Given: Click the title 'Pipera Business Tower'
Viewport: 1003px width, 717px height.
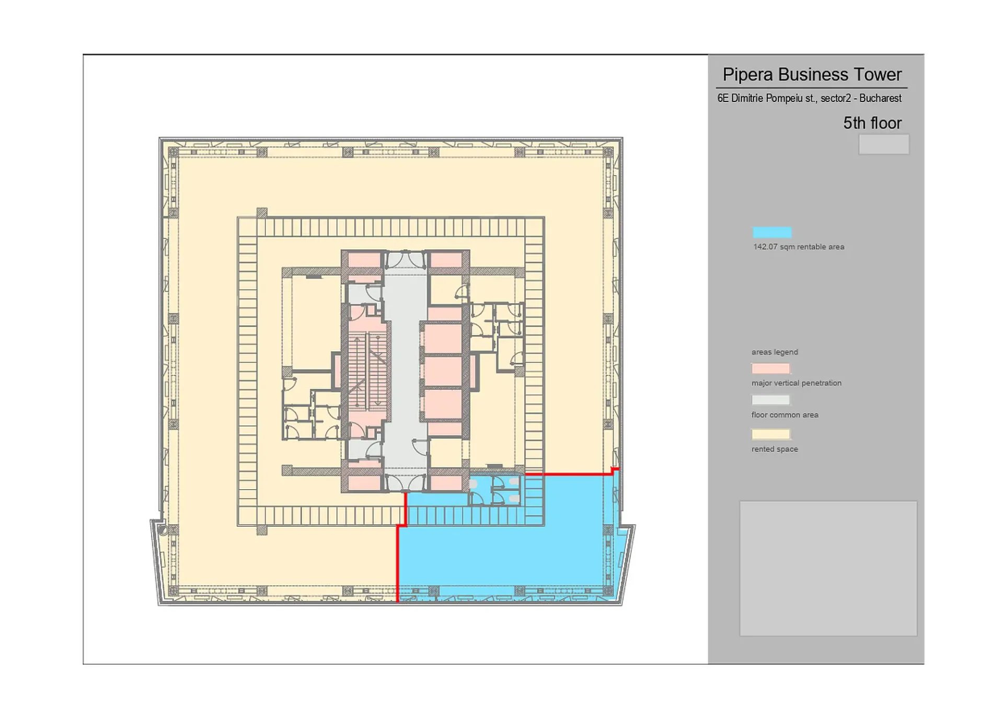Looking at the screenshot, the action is point(812,75).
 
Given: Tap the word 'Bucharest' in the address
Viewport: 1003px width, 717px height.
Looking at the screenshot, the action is point(880,98).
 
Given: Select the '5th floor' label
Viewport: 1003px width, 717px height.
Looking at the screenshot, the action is point(872,123).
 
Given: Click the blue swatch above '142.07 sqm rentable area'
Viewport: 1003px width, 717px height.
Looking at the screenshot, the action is point(772,233).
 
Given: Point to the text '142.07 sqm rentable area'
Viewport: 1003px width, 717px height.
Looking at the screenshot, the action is point(799,247).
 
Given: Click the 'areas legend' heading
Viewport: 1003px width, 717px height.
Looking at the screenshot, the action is point(775,352).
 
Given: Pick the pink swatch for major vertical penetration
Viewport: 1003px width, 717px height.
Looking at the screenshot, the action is point(771,368).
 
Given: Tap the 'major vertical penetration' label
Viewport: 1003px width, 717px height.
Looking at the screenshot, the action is point(797,383).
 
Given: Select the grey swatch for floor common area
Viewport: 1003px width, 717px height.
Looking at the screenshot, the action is point(771,400).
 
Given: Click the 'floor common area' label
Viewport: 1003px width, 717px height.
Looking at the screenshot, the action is point(785,415).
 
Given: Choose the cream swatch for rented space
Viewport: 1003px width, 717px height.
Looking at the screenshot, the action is point(771,434).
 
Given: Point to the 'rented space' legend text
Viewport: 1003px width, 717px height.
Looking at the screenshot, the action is point(775,449).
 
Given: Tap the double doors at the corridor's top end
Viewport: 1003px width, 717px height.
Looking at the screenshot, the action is point(405,260).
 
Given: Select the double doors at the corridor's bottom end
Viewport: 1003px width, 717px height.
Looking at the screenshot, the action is point(405,482).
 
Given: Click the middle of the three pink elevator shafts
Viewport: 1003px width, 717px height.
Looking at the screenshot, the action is point(443,371).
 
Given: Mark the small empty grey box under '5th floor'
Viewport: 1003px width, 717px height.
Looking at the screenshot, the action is point(884,144).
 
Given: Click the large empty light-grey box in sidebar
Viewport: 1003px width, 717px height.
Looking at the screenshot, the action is point(828,569).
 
